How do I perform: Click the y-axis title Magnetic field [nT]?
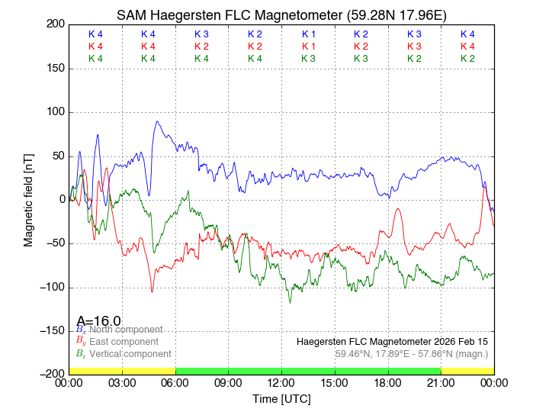point(29,198)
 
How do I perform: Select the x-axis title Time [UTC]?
point(281,399)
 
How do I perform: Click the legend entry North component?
point(122,330)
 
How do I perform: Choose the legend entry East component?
point(124,342)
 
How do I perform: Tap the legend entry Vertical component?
point(130,354)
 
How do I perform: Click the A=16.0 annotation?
point(99,321)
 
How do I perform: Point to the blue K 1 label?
point(308,34)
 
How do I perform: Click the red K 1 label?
point(308,47)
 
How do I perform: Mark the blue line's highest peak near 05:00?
point(157,121)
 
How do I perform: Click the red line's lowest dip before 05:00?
point(152,291)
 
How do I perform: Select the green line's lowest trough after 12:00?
point(290,303)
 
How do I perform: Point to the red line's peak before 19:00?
point(397,208)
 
